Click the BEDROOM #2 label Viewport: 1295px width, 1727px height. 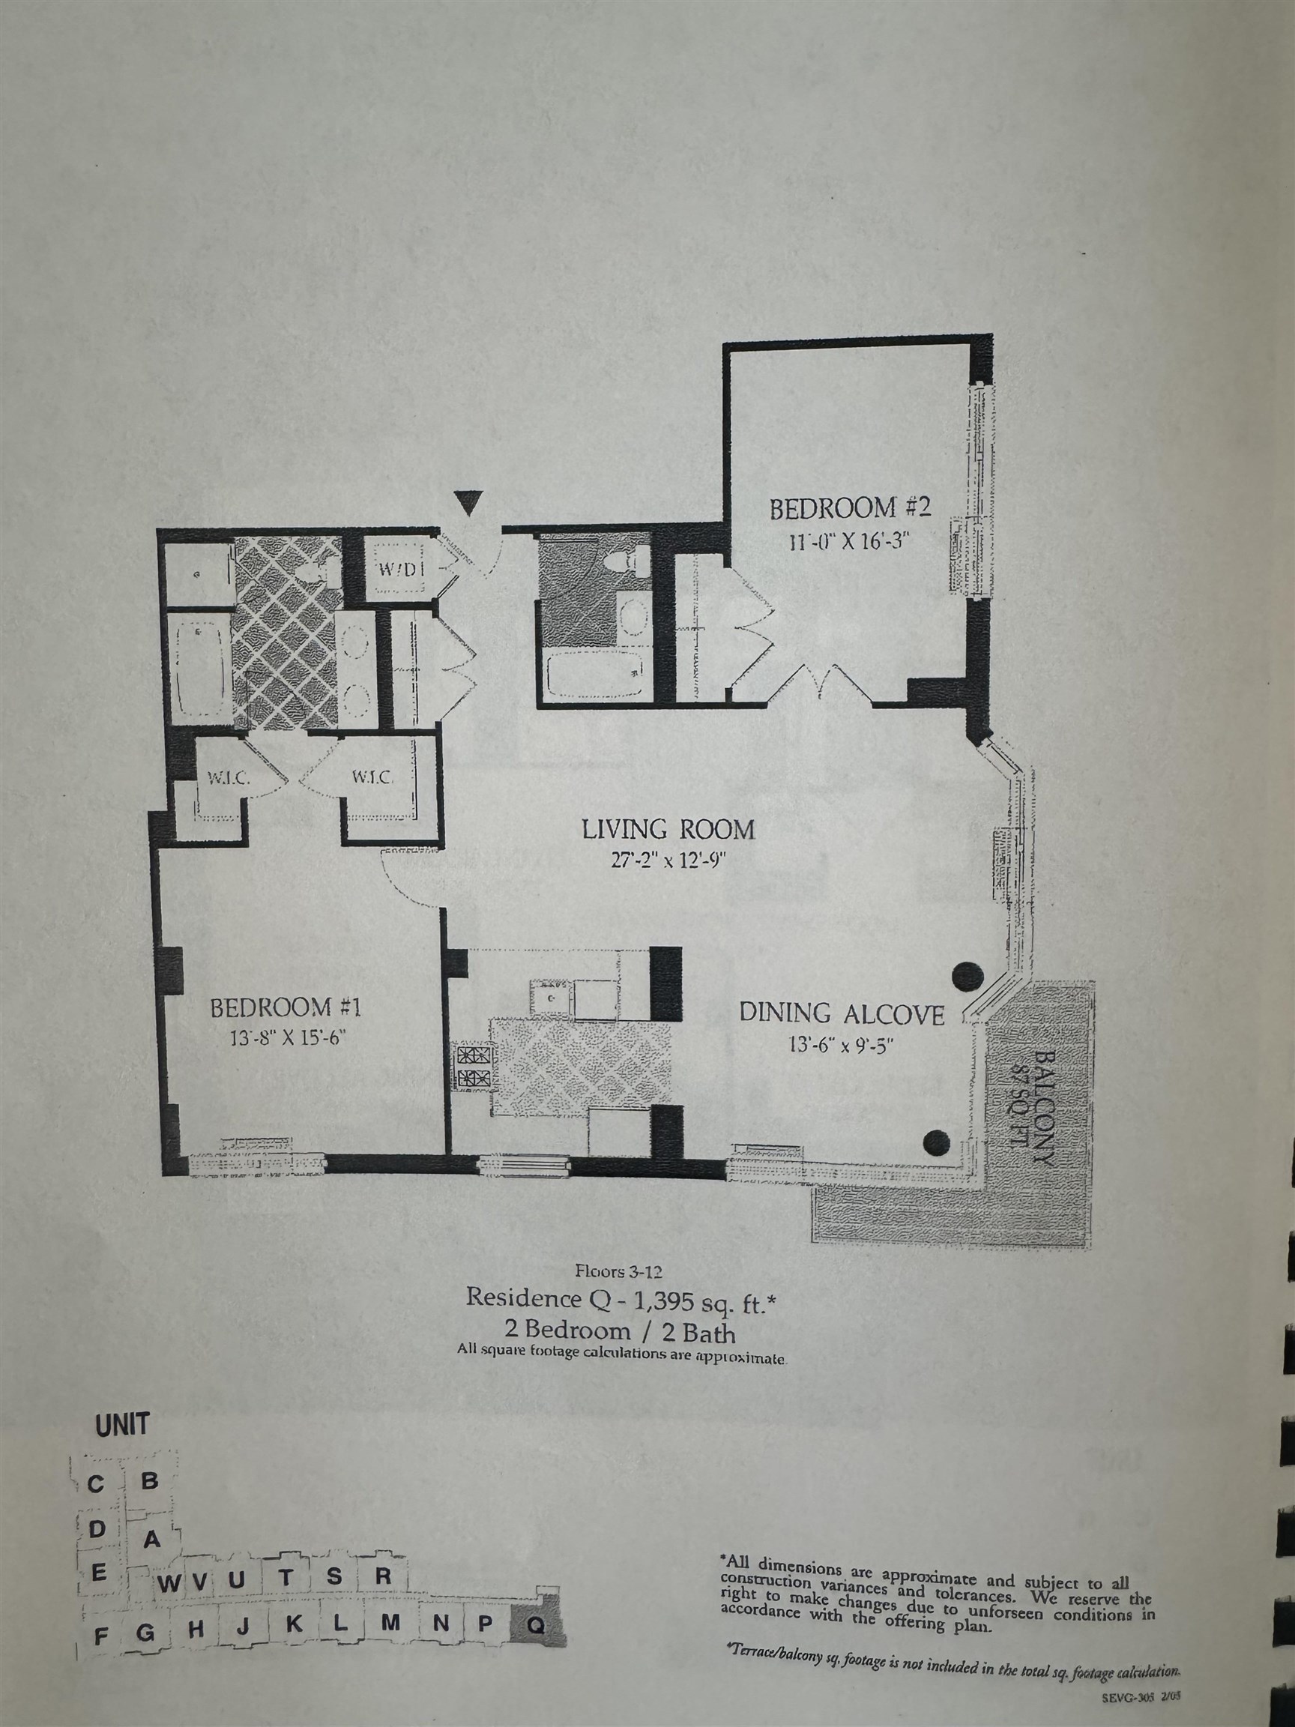coord(850,508)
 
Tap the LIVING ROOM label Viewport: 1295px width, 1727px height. coord(669,828)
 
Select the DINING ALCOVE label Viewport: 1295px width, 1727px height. coord(842,1014)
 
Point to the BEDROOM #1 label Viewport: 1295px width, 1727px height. coord(285,1008)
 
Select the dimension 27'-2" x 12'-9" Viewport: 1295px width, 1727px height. coord(669,860)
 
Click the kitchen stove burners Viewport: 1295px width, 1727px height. coord(472,1067)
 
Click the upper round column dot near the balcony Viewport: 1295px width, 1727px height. coord(968,974)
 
